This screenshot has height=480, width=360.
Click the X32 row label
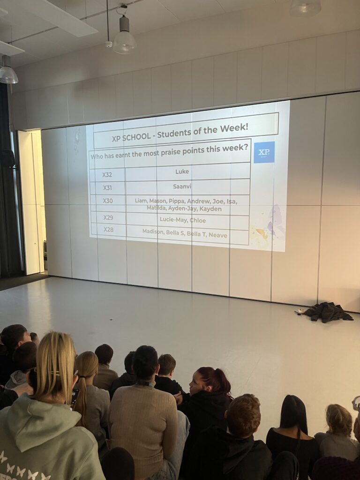(x=107, y=175)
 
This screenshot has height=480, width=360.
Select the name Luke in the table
(x=182, y=172)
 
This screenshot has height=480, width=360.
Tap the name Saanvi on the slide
(x=182, y=187)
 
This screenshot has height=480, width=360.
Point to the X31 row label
(x=107, y=188)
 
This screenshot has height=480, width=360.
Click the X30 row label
(x=108, y=201)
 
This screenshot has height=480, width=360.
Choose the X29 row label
(x=108, y=217)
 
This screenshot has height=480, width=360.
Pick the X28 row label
(x=108, y=230)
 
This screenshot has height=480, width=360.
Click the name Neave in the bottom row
(x=218, y=235)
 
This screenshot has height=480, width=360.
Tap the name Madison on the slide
(x=153, y=232)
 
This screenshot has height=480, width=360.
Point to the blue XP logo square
(x=264, y=152)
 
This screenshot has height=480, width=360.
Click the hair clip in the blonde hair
(x=55, y=373)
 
